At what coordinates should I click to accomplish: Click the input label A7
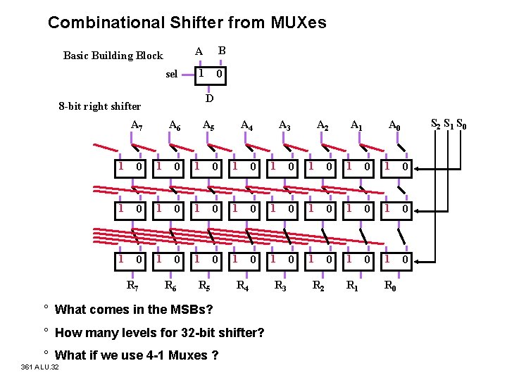(x=137, y=126)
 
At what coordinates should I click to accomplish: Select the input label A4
(x=247, y=126)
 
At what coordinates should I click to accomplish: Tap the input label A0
(x=396, y=126)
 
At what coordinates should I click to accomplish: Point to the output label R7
(x=132, y=286)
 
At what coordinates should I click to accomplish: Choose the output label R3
(x=280, y=286)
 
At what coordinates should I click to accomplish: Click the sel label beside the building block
(x=172, y=75)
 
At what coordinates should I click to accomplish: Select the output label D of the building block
(x=209, y=99)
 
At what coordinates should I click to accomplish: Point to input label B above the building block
(x=221, y=51)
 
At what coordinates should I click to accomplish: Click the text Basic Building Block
(x=113, y=56)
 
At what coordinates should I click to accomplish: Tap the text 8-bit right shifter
(x=100, y=107)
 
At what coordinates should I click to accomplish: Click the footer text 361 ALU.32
(x=40, y=367)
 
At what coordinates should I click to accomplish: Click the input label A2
(x=323, y=126)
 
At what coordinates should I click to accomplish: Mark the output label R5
(x=204, y=286)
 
